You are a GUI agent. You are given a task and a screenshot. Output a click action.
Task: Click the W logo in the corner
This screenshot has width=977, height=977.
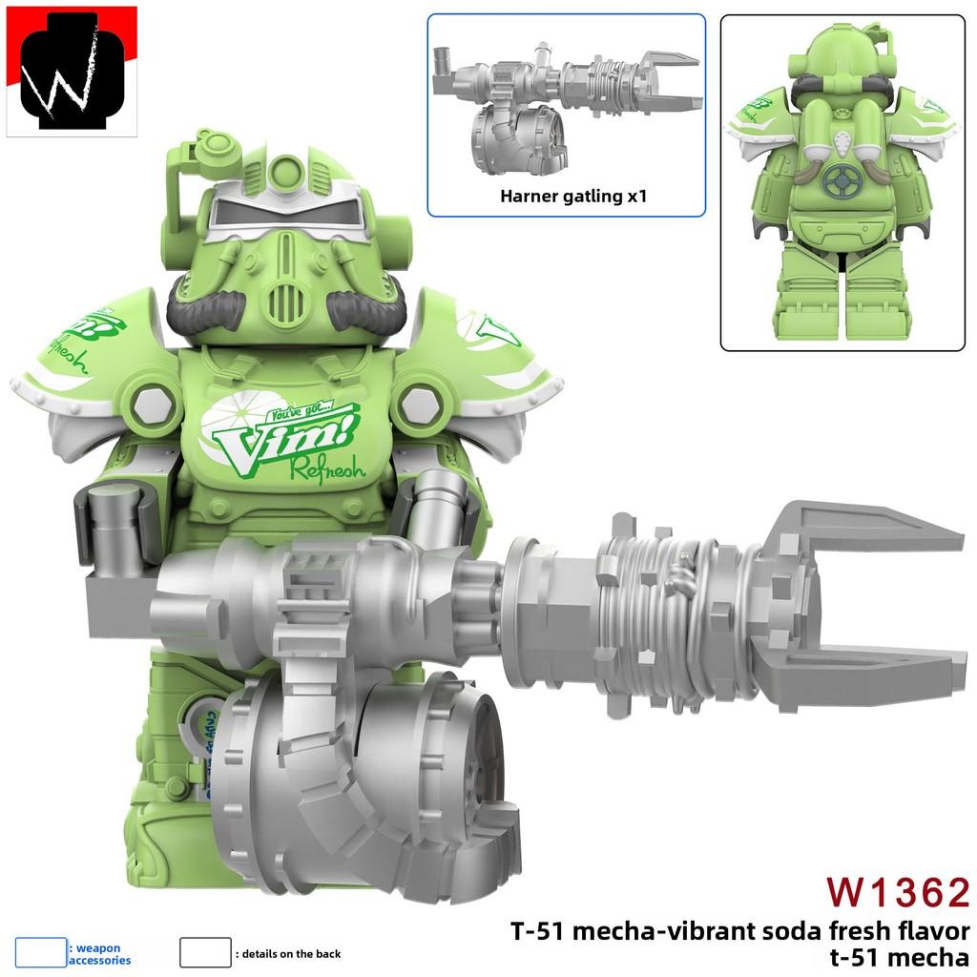[x=72, y=72]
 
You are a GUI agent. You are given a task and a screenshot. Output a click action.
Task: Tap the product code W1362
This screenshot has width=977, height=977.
[x=897, y=892]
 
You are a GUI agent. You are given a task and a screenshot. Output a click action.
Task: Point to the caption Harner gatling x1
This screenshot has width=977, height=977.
[x=567, y=197]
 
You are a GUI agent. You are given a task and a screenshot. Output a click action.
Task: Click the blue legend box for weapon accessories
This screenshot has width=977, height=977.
[x=41, y=952]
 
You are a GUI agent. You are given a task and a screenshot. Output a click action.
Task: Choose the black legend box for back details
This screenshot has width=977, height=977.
[x=205, y=952]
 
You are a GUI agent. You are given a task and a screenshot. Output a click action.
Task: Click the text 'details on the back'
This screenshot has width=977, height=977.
[x=292, y=953]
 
